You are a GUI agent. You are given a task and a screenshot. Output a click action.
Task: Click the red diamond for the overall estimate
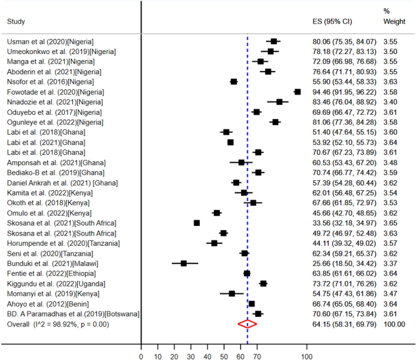point(247,324)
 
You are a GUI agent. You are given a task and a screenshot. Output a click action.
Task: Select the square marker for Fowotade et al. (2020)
point(298,92)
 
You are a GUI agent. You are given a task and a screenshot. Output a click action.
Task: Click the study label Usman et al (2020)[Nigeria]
point(50,41)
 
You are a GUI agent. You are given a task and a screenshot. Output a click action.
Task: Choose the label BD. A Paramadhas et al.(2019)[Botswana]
point(73,314)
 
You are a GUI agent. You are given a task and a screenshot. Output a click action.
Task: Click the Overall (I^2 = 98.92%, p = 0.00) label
point(67,324)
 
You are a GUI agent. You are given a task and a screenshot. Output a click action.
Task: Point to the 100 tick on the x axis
point(307,356)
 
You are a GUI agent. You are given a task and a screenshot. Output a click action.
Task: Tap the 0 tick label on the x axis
point(141,356)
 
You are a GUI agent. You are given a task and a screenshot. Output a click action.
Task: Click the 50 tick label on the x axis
point(224,356)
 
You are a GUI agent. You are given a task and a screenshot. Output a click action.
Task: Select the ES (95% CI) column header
point(332,22)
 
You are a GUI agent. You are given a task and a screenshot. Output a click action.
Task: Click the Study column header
point(16,22)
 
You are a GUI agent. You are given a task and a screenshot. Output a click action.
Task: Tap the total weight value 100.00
point(394,324)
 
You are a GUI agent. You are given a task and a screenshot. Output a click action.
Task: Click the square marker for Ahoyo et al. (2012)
point(251,304)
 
